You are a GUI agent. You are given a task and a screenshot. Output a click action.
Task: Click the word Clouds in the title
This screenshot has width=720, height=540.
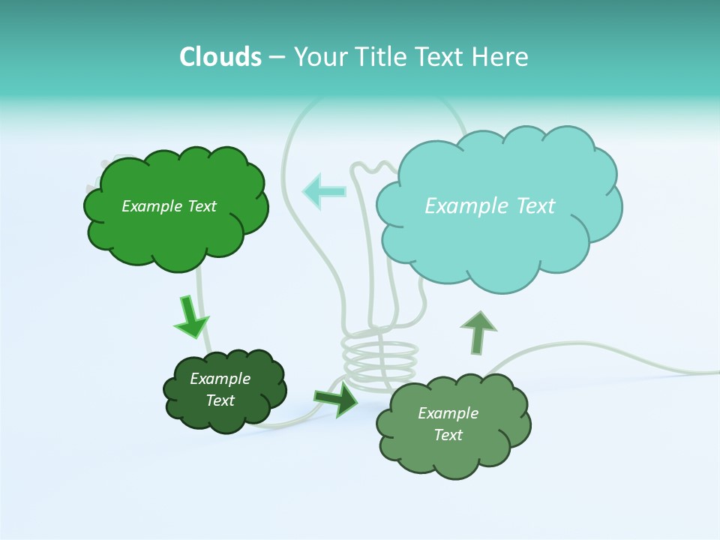220,57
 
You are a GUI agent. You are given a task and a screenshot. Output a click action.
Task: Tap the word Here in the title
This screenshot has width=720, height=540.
502,57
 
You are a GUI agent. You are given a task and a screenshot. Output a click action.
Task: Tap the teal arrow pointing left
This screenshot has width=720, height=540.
324,190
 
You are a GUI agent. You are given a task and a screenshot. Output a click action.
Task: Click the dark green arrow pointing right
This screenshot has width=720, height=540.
337,399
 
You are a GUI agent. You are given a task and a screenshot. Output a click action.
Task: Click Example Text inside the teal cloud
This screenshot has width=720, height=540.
490,206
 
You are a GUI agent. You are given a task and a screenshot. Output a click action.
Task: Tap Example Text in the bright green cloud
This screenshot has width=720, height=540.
169,206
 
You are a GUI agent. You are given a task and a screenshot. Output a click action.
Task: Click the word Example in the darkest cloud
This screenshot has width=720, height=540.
220,379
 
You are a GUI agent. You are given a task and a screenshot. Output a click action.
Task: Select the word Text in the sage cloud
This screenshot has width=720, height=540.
448,435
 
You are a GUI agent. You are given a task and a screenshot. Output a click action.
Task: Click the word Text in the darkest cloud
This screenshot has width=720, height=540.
220,400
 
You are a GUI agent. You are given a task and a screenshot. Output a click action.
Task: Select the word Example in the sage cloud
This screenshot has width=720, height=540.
448,413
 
